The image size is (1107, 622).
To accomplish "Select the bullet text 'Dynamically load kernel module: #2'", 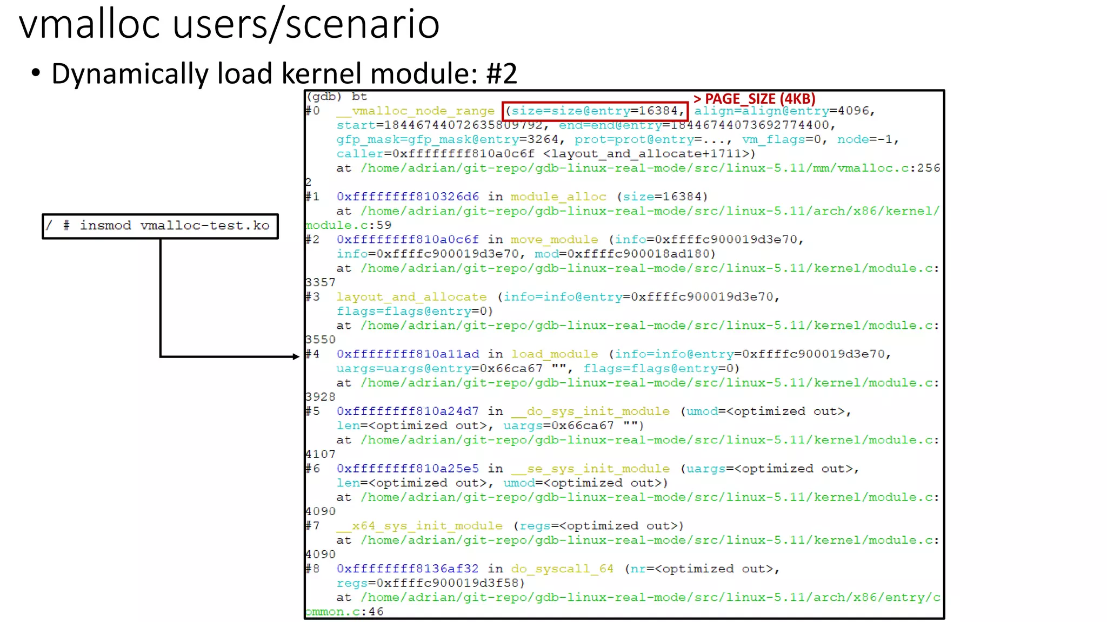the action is point(284,73).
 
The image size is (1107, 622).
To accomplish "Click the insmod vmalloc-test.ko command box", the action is point(160,226).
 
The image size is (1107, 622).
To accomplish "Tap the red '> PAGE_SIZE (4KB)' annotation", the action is point(754,99).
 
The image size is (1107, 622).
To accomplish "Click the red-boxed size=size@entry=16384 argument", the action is point(595,111).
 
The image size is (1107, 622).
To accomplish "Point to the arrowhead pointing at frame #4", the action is point(295,356).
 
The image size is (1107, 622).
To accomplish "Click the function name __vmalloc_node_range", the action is point(415,111).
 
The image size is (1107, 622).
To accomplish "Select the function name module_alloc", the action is point(558,197).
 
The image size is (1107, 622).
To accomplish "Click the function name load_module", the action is point(555,354).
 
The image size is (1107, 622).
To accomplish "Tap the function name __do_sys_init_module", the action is point(590,411).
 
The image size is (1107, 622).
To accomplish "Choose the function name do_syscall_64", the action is point(562,569).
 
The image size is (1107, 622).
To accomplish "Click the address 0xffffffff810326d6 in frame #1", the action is point(408,197).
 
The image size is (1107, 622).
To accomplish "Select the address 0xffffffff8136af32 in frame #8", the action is point(408,569).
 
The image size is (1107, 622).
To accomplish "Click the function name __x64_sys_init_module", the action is point(419,526).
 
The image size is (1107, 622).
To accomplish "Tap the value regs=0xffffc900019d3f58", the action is point(430,583).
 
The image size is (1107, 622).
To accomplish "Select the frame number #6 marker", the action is point(312,469).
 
